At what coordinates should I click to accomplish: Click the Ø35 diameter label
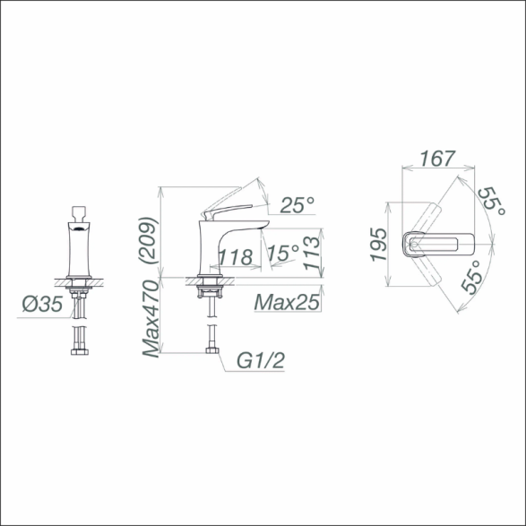pyautogui.click(x=43, y=304)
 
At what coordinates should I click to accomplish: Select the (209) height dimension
pyautogui.click(x=148, y=240)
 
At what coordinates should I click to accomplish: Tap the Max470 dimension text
pyautogui.click(x=151, y=319)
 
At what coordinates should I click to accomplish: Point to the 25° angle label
pyautogui.click(x=297, y=205)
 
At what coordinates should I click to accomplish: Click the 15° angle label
pyautogui.click(x=284, y=253)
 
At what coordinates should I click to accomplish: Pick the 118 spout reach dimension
pyautogui.click(x=236, y=257)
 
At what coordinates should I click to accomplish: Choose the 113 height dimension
pyautogui.click(x=312, y=253)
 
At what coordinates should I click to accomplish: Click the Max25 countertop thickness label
pyautogui.click(x=287, y=302)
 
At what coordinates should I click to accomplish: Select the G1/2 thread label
pyautogui.click(x=261, y=360)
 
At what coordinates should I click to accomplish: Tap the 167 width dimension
pyautogui.click(x=438, y=159)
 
